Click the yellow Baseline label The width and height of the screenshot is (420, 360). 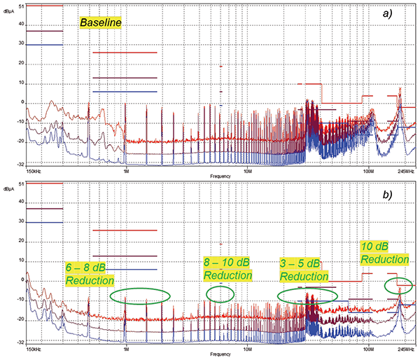(x=101, y=24)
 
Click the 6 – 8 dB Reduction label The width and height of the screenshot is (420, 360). (x=90, y=274)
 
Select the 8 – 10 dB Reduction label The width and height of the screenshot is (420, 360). (x=228, y=269)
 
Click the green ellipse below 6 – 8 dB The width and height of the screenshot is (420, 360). (x=140, y=296)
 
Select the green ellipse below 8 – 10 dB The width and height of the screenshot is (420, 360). (x=220, y=294)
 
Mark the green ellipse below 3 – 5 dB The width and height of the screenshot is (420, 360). (x=308, y=296)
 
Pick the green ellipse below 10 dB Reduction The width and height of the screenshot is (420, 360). (x=400, y=286)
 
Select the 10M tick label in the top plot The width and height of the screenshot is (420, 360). (x=248, y=170)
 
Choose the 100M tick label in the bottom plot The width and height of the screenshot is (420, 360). (x=368, y=349)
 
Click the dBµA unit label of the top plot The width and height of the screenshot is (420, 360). (x=13, y=2)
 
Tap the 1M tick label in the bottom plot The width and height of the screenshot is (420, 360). (x=126, y=349)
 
